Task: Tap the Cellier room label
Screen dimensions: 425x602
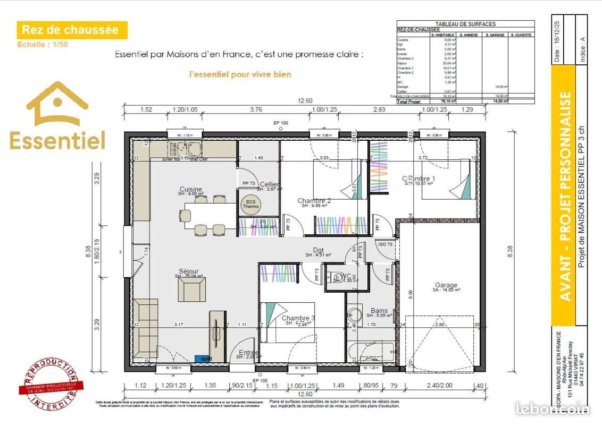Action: click(x=269, y=184)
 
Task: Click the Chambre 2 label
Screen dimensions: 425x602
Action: click(x=314, y=201)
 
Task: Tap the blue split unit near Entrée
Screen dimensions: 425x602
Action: click(x=203, y=359)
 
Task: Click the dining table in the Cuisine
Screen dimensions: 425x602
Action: click(x=211, y=215)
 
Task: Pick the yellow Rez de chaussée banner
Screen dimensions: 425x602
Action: click(x=71, y=30)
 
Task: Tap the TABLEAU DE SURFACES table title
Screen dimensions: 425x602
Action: click(x=465, y=24)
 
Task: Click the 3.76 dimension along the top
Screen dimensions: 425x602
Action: click(x=256, y=110)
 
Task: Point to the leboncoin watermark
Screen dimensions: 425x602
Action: click(x=553, y=408)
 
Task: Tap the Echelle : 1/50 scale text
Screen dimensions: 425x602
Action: click(x=43, y=45)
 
